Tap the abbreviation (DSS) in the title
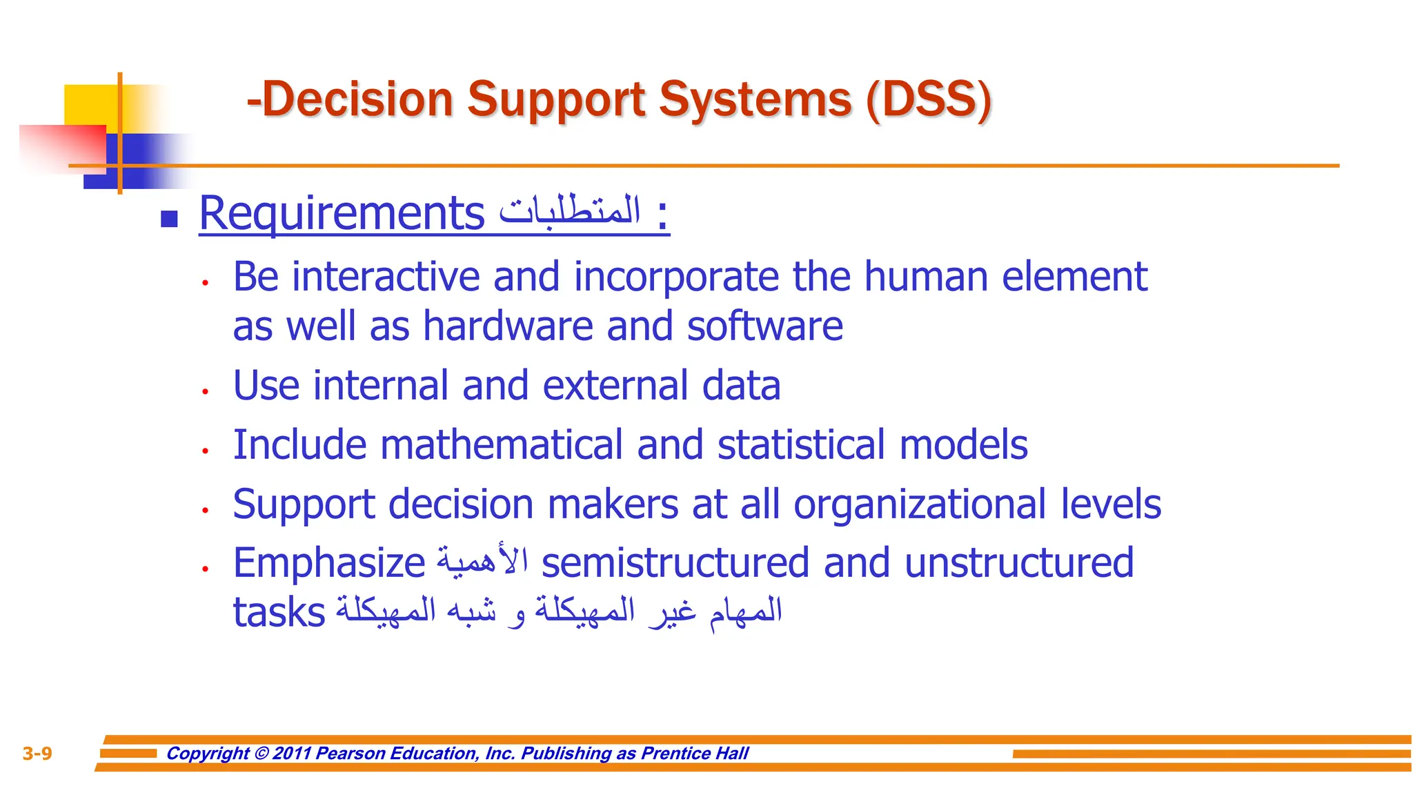click(x=928, y=100)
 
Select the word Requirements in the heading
click(x=342, y=213)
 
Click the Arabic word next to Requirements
click(x=570, y=210)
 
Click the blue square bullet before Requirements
click(x=169, y=219)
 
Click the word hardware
click(x=508, y=326)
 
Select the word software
click(x=764, y=326)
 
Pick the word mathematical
click(x=502, y=444)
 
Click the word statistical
click(x=801, y=444)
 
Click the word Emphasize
click(x=329, y=564)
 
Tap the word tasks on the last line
click(x=279, y=613)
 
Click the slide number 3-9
click(x=37, y=754)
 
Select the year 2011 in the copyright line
click(x=292, y=754)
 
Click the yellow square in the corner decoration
click(x=90, y=104)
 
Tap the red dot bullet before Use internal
click(x=205, y=391)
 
